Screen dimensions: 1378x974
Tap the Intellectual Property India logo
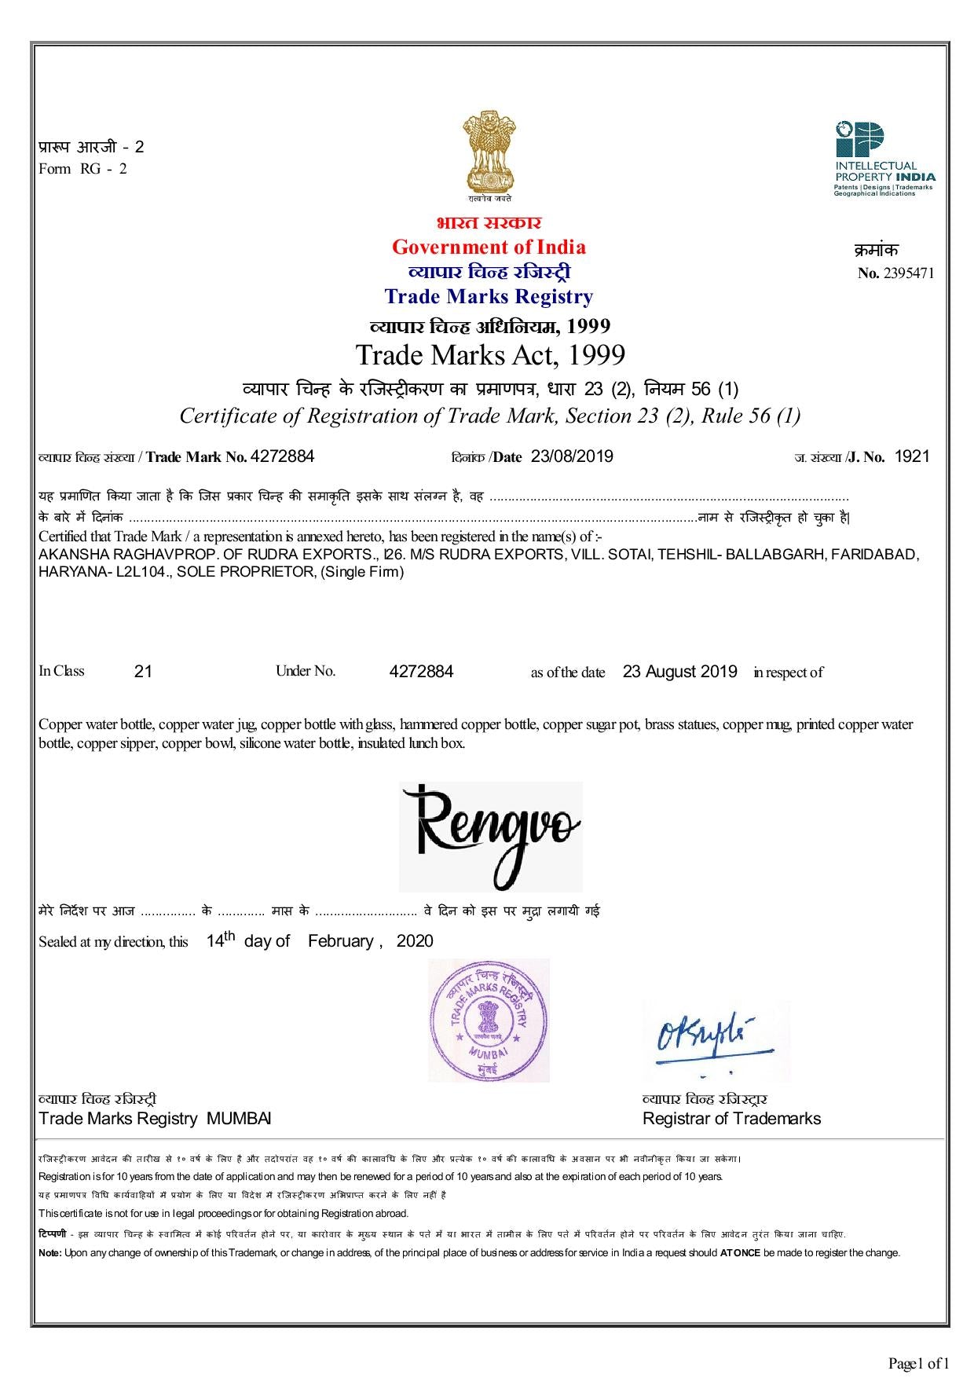884,158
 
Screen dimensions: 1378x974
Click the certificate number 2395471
909,274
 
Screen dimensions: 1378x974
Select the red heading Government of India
489,247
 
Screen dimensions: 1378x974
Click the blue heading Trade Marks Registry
489,297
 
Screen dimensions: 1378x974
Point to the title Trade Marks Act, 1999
490,355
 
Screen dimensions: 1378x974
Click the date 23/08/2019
572,456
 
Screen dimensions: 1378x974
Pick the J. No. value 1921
913,456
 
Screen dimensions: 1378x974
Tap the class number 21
144,672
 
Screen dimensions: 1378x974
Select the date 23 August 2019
680,672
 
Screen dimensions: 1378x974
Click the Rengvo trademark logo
491,835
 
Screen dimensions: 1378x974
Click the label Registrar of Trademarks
731,1119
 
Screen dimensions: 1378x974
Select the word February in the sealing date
341,941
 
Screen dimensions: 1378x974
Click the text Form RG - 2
82,169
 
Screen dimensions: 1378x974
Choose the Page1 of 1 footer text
919,1363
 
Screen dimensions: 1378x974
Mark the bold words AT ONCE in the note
740,1253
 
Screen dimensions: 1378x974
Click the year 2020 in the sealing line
415,941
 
